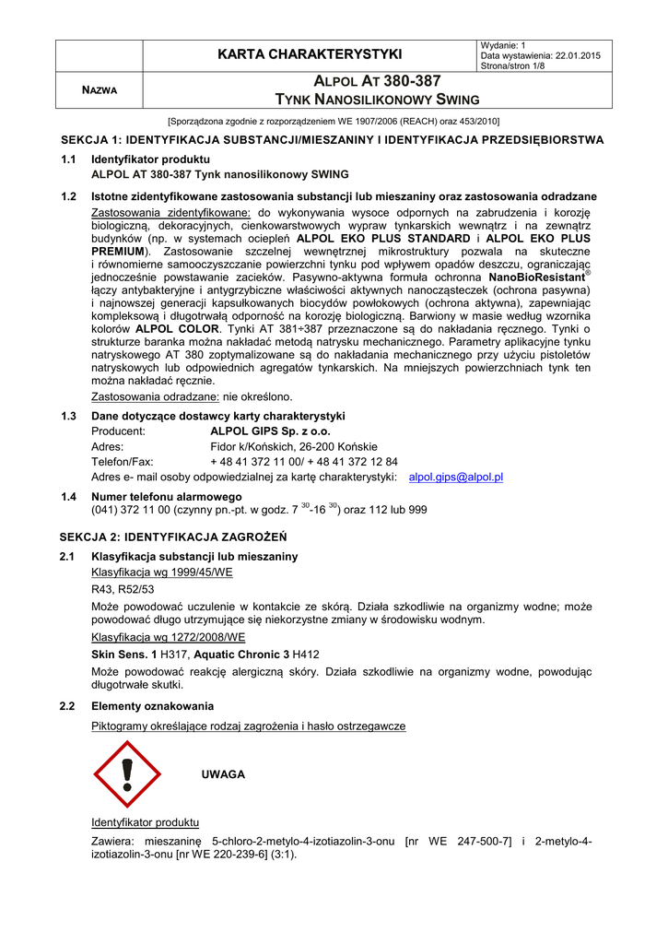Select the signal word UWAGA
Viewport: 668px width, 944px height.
(x=223, y=774)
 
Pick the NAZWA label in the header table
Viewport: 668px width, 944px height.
(x=98, y=90)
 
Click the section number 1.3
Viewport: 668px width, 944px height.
(x=68, y=416)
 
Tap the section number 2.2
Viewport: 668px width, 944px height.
(x=68, y=706)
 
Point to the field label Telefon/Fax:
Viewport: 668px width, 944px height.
(x=123, y=462)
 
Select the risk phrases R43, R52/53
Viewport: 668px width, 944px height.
(x=123, y=588)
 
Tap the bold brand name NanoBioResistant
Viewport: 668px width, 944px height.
(x=537, y=277)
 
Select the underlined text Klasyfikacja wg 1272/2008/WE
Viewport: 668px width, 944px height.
(x=169, y=636)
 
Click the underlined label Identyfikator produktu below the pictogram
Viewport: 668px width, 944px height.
(x=146, y=821)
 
